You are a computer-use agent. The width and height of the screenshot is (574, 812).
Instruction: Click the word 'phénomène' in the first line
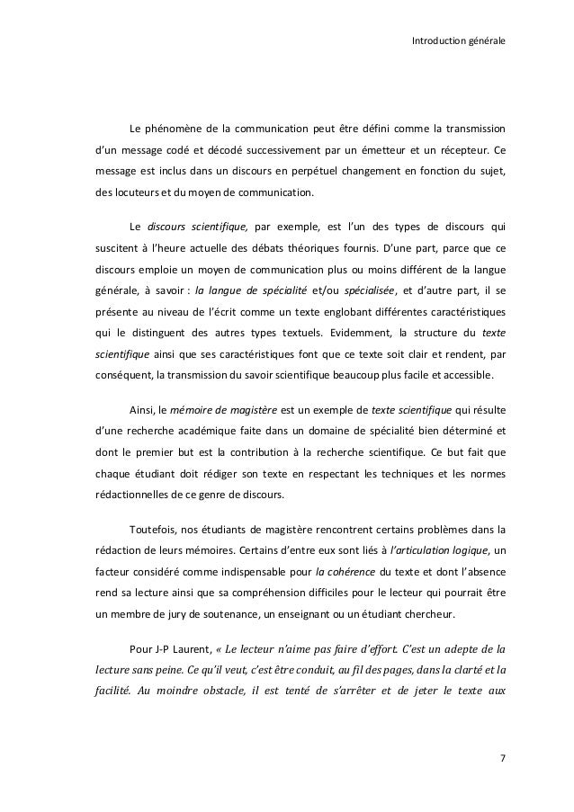click(176, 125)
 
